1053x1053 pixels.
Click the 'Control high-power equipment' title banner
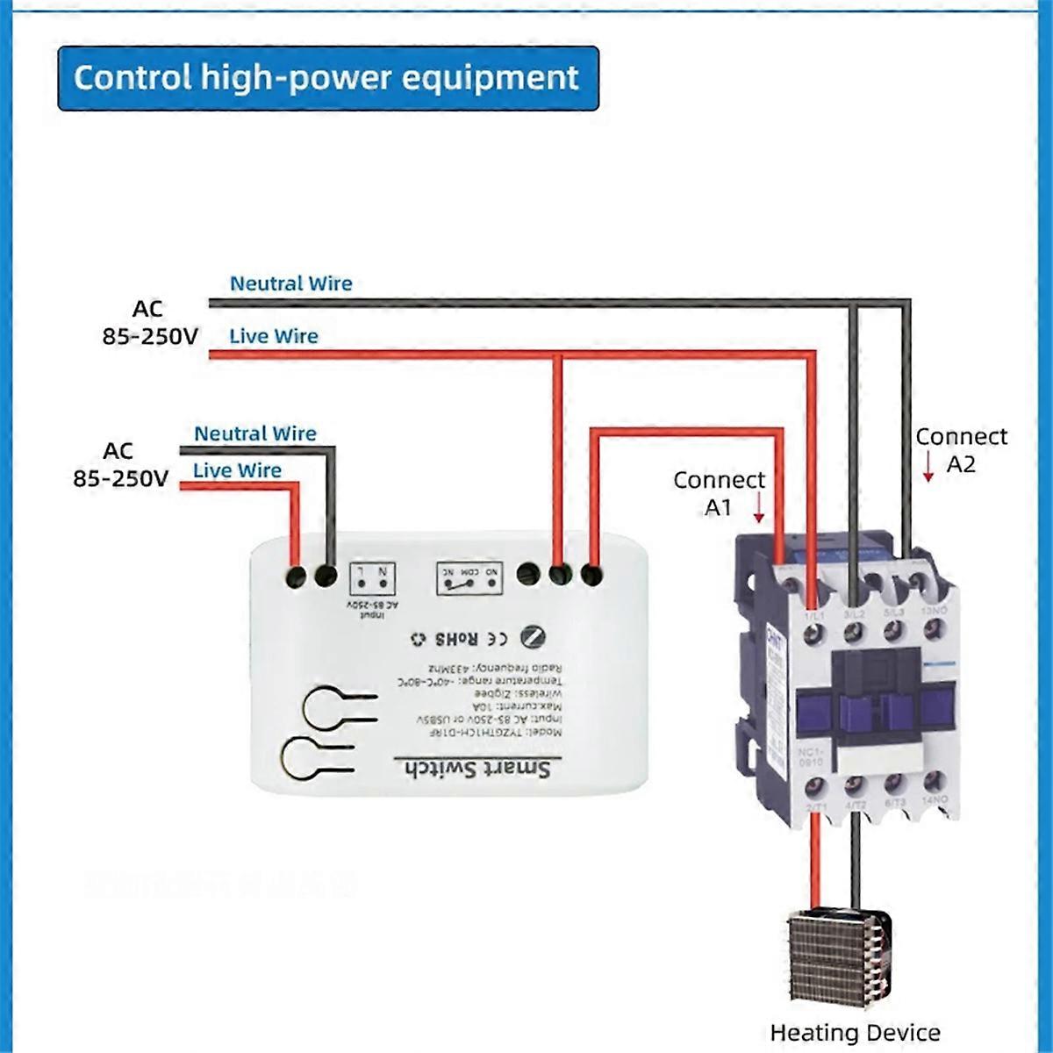(x=327, y=78)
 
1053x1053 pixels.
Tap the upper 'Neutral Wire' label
(x=290, y=283)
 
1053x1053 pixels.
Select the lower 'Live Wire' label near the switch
(x=237, y=470)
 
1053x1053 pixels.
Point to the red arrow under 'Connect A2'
(x=928, y=466)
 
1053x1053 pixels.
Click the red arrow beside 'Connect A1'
(x=759, y=506)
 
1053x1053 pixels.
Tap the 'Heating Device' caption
(x=855, y=1033)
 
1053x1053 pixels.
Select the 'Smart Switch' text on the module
(x=479, y=769)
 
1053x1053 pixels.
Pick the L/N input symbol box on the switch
(x=373, y=578)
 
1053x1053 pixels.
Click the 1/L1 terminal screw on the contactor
(x=813, y=630)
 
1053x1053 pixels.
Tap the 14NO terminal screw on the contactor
(x=936, y=778)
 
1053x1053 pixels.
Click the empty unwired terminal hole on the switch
(x=527, y=575)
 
